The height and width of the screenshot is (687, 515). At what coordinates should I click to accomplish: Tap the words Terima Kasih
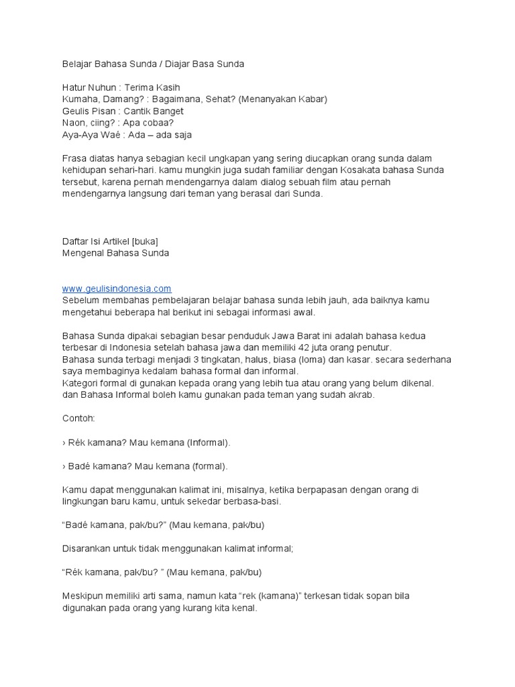152,87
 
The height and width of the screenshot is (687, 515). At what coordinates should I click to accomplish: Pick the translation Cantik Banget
154,111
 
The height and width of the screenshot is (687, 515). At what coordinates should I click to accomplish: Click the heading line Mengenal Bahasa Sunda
115,253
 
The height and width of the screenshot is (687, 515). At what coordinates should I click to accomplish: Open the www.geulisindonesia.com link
117,288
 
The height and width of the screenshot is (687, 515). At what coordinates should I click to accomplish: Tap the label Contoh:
78,418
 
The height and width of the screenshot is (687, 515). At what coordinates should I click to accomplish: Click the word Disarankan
89,548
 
